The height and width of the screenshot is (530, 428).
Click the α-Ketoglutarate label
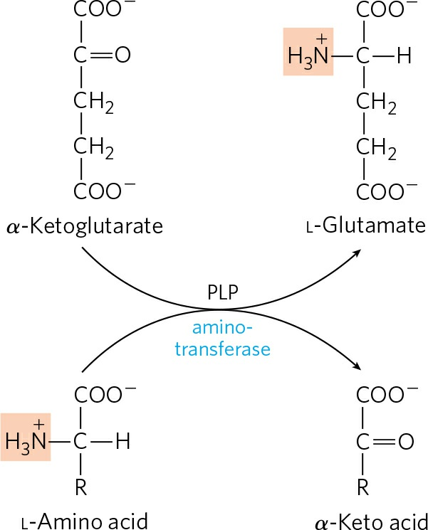85,226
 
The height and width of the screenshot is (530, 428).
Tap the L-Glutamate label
366,226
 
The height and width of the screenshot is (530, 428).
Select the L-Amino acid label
85,521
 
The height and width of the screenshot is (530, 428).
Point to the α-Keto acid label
371,521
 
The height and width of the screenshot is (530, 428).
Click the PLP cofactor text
223,292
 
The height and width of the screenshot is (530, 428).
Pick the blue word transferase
223,349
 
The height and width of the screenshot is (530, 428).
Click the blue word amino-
222,328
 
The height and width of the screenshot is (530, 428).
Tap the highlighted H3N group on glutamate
308,52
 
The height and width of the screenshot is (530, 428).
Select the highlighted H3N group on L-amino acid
26,437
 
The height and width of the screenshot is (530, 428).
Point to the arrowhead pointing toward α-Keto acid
357,366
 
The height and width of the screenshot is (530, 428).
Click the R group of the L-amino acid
81,487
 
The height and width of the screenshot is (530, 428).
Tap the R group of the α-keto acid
363,487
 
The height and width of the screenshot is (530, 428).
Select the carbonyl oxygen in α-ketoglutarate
122,55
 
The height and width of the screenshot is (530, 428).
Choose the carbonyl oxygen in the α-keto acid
406,442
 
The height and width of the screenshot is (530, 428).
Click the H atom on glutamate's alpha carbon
404,55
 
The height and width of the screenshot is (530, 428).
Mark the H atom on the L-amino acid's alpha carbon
122,442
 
